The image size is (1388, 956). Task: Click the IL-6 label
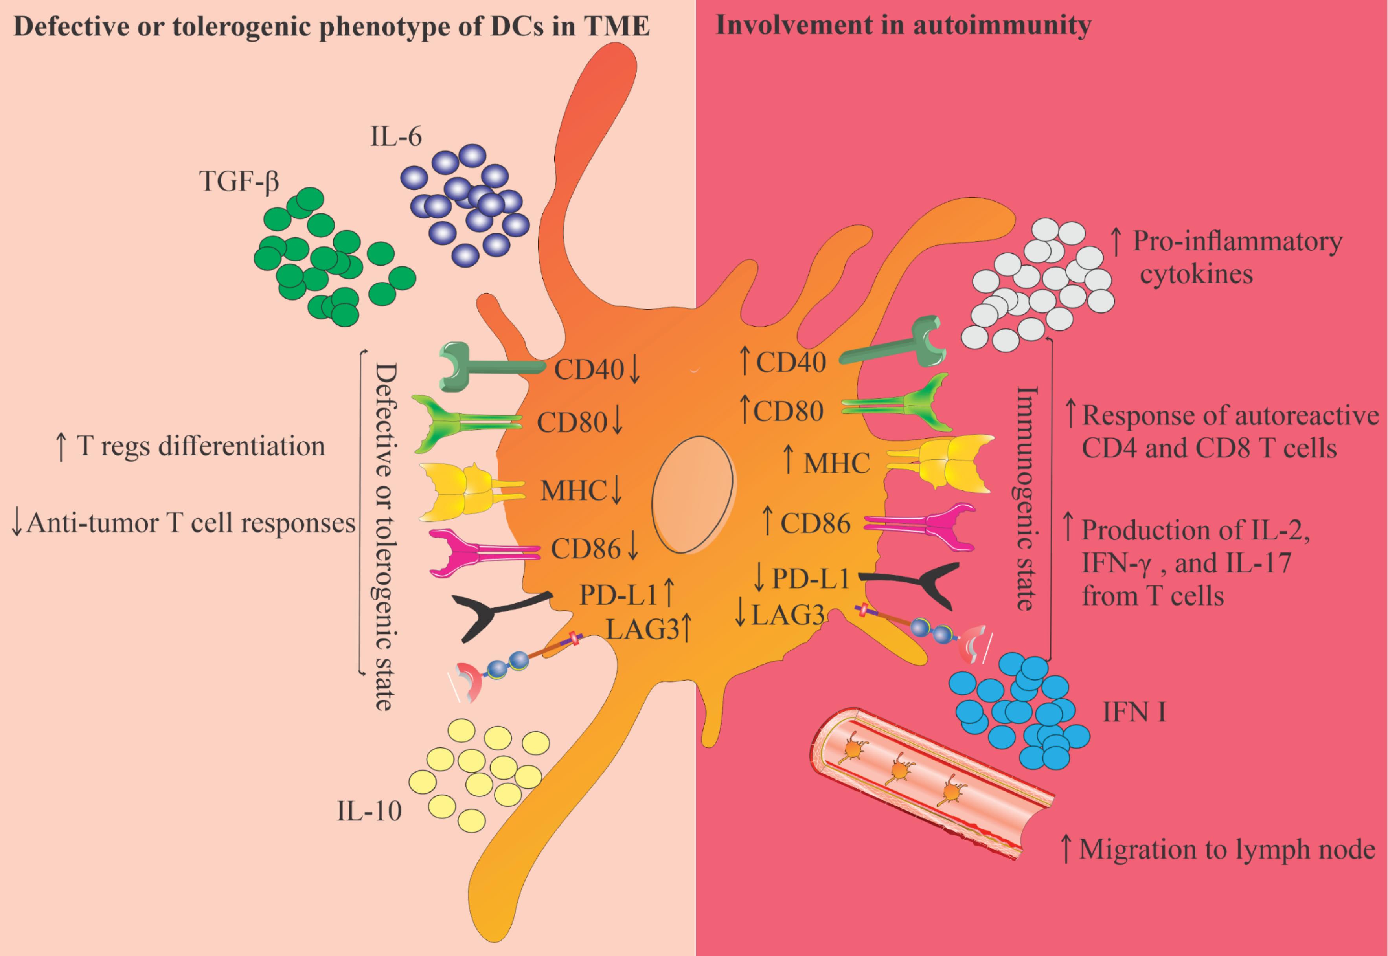tap(395, 137)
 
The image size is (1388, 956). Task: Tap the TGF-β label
tap(239, 181)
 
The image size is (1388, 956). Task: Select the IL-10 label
tap(369, 811)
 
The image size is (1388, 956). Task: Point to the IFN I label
tap(1134, 713)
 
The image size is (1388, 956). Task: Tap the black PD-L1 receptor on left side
tap(491, 615)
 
